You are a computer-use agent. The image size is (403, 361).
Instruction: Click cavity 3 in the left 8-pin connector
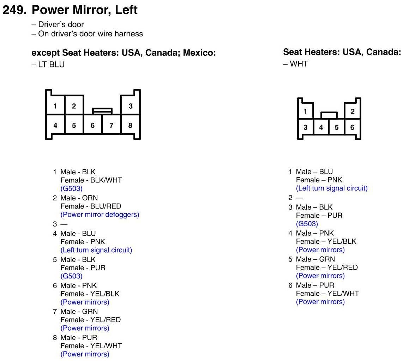click(131, 106)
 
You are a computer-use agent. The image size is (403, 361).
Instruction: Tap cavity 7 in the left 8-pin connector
click(112, 125)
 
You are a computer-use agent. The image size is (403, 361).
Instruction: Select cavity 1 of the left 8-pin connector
click(55, 106)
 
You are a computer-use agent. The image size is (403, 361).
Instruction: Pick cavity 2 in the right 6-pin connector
click(353, 112)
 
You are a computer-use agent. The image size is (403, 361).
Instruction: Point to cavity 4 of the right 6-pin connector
click(321, 127)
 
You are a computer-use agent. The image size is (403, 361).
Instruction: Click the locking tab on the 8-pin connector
click(102, 111)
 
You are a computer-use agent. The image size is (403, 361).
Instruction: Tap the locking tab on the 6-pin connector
click(329, 115)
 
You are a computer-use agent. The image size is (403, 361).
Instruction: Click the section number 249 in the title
click(14, 10)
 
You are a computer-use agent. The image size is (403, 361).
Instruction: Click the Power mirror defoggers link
click(100, 215)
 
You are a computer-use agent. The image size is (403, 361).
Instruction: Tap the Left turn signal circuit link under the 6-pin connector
click(332, 188)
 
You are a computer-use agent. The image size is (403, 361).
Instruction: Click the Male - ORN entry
click(79, 198)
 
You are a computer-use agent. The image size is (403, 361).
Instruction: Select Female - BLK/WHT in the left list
click(91, 180)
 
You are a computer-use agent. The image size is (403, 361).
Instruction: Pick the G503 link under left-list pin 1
click(71, 188)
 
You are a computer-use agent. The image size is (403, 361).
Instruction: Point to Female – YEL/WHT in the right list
click(327, 293)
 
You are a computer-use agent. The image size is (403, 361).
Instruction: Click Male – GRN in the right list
click(315, 259)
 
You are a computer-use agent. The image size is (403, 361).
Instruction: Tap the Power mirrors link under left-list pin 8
click(85, 354)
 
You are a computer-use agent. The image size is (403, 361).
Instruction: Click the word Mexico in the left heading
click(201, 53)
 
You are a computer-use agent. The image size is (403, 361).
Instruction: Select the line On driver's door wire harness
click(90, 34)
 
